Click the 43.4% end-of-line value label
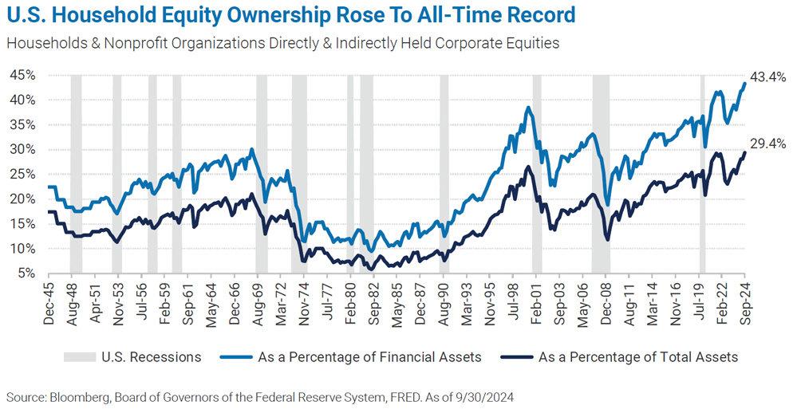(770, 77)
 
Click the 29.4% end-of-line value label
(770, 144)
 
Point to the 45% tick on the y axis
(22, 75)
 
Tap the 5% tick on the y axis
(26, 273)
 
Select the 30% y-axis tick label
(22, 149)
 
